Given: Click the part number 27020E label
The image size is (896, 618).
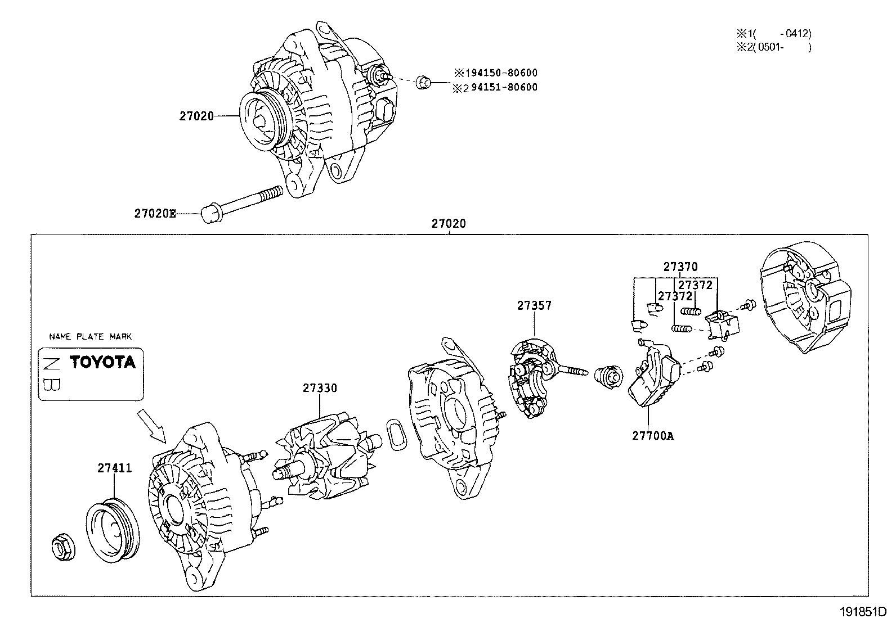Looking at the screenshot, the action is [x=155, y=214].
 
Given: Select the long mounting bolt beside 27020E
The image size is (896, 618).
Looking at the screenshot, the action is [x=242, y=205].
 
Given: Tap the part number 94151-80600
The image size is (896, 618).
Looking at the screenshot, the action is [x=504, y=87].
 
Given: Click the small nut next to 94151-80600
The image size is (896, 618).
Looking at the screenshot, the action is [x=423, y=82].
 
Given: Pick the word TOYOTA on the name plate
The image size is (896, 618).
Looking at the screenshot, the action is [x=102, y=362].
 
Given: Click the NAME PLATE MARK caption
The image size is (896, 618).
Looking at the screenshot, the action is [x=91, y=337].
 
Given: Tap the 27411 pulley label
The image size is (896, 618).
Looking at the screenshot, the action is [x=115, y=468].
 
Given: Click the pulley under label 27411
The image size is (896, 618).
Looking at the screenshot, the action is [x=113, y=530].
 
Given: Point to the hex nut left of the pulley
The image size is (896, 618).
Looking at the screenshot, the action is [x=64, y=547].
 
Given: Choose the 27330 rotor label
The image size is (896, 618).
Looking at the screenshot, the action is [x=320, y=388].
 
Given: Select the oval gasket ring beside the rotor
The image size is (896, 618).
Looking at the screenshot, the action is [x=396, y=435].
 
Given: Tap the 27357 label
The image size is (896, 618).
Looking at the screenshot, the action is [x=535, y=305].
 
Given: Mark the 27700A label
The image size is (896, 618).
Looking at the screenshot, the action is [x=653, y=436].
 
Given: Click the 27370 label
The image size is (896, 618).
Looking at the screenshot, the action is [x=680, y=267].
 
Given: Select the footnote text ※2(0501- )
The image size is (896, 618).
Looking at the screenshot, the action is [x=774, y=47].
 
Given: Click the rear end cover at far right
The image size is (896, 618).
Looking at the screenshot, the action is [x=805, y=297].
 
